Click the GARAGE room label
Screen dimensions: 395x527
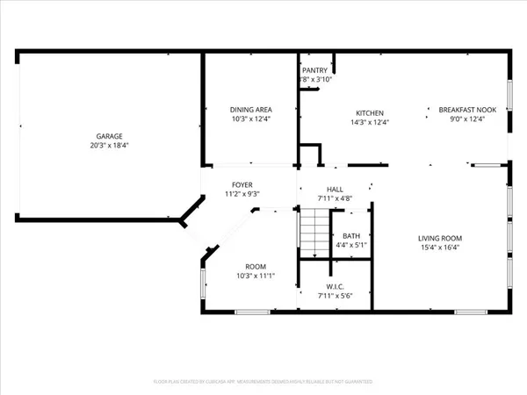[110, 136]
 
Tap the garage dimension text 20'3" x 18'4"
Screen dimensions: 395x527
[110, 145]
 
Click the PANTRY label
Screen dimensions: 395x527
[314, 70]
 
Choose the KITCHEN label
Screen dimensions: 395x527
[369, 113]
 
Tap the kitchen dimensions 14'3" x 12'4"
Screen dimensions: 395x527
[369, 122]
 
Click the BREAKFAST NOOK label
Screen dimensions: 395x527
[467, 110]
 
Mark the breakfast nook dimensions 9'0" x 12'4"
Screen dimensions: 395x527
[467, 118]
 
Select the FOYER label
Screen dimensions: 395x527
[242, 184]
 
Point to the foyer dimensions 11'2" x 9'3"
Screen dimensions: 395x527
[242, 193]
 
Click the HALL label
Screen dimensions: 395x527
[335, 189]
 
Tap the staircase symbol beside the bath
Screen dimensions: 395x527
[314, 235]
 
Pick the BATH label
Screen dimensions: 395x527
[351, 236]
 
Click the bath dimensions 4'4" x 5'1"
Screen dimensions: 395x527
[351, 245]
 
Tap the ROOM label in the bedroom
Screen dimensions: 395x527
[256, 267]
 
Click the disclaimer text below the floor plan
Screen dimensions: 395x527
[263, 382]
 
